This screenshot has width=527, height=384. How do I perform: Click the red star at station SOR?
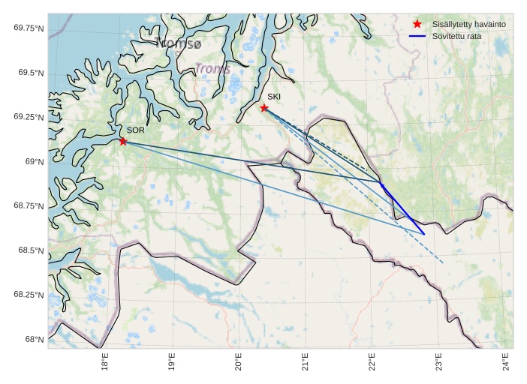[123, 141]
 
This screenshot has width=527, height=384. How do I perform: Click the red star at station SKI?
[264, 108]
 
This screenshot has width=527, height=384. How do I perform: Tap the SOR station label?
[135, 130]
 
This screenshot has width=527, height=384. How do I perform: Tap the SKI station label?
[274, 97]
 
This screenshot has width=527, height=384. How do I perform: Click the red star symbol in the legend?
[417, 24]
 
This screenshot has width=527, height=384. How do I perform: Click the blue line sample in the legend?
[417, 36]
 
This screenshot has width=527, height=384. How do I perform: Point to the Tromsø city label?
[179, 43]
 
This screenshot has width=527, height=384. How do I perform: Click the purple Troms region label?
[212, 69]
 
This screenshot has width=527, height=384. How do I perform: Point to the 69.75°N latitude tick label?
[28, 28]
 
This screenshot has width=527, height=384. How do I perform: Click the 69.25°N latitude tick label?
[28, 117]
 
